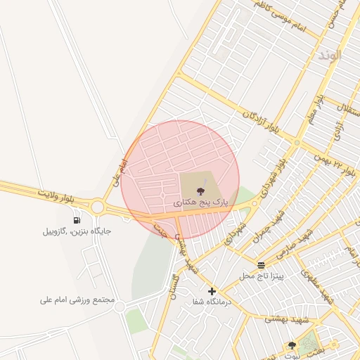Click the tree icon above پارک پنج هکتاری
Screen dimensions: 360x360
pos(201,191)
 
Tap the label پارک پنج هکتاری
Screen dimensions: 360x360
pos(201,202)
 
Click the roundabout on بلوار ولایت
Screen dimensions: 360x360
pos(97,207)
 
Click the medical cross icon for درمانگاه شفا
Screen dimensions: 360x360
pos(212,291)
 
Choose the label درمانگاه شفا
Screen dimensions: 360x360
pos(212,302)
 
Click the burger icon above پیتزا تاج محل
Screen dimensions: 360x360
pos(262,265)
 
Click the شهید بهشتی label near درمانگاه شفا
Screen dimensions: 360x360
pos(281,320)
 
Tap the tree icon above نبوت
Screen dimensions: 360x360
pos(292,345)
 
